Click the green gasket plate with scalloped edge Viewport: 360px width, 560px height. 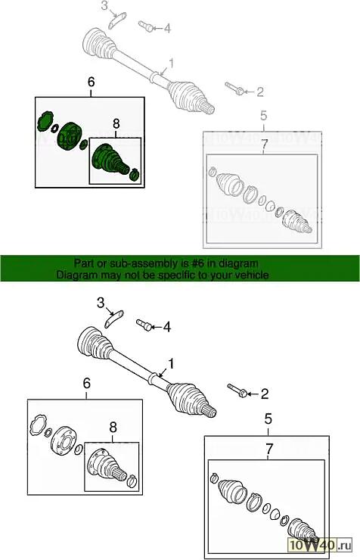(x=45, y=120)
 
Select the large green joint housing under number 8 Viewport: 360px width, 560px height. (x=107, y=159)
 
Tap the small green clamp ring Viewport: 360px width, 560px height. (x=135, y=174)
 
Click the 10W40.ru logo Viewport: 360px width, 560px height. (x=320, y=545)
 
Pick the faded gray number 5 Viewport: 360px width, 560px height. (x=264, y=116)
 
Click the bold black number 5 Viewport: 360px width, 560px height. (x=268, y=419)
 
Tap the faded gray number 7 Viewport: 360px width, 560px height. (x=264, y=145)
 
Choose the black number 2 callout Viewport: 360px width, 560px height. (x=265, y=394)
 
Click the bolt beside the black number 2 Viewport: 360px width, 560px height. (x=236, y=390)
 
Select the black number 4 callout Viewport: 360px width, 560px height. (x=167, y=327)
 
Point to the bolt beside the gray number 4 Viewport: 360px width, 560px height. (x=146, y=26)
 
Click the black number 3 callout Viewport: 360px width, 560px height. (x=101, y=303)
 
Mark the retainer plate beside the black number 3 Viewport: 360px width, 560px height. (x=113, y=319)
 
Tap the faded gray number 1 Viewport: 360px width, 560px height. (x=171, y=64)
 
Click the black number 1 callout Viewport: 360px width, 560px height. (x=171, y=364)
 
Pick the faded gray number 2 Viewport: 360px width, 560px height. (x=260, y=92)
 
